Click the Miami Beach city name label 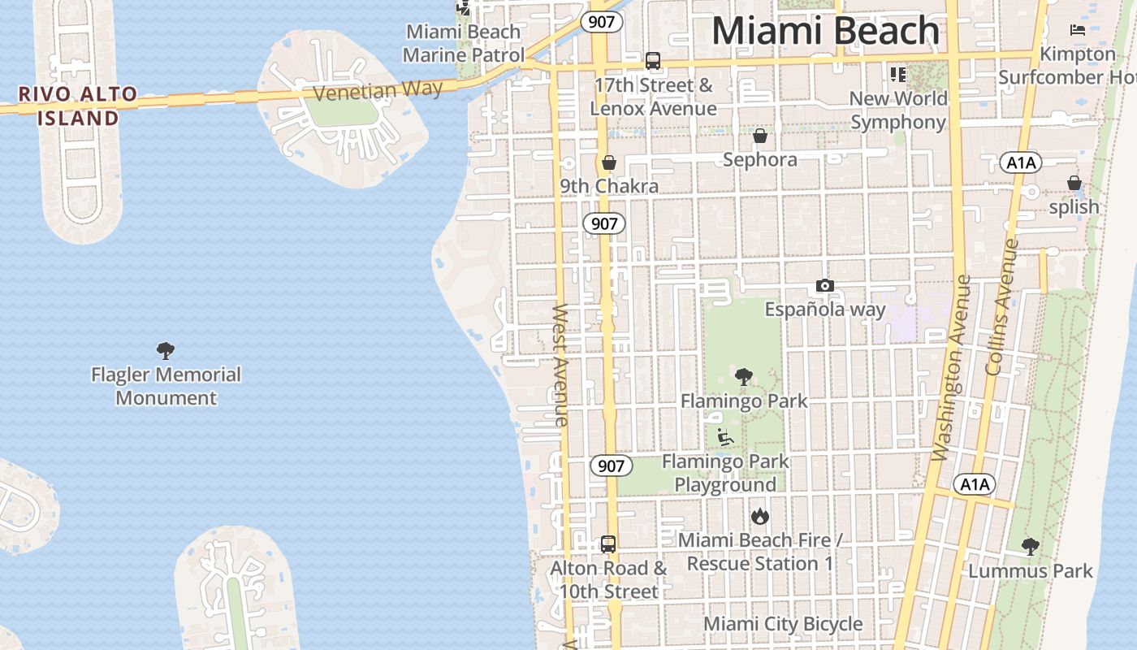(825, 31)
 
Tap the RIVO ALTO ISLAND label (79, 106)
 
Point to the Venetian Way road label (378, 90)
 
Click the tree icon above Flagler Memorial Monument (166, 351)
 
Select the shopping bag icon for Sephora (760, 135)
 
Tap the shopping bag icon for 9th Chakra (608, 162)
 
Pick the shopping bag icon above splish (1074, 183)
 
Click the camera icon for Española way (825, 285)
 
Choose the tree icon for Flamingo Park (743, 377)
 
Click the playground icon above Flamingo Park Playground (725, 437)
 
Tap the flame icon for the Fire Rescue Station (760, 516)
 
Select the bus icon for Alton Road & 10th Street (608, 544)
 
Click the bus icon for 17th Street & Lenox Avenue (653, 61)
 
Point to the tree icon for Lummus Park (1030, 547)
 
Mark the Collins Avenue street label (1002, 306)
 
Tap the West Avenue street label (560, 365)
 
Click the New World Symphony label (898, 110)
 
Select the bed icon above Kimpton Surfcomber (1078, 30)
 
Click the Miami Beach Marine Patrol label (463, 43)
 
